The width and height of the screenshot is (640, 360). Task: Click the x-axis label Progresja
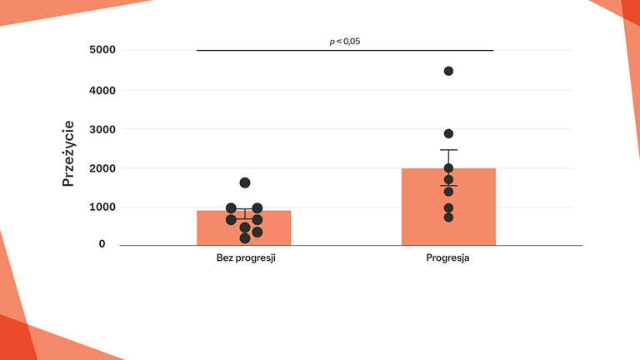click(x=448, y=258)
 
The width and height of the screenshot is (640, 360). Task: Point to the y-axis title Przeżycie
click(x=69, y=153)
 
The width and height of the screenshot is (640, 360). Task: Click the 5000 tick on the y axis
click(x=102, y=50)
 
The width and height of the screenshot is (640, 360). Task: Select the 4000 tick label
click(x=102, y=90)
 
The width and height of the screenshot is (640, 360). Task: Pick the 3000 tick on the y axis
click(x=102, y=129)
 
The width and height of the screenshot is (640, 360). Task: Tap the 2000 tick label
click(x=102, y=168)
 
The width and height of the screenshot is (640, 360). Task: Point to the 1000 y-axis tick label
click(x=102, y=207)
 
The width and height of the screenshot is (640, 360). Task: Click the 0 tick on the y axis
click(x=102, y=244)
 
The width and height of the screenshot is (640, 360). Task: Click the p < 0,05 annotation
click(x=345, y=40)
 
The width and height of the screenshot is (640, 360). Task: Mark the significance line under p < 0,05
click(x=345, y=50)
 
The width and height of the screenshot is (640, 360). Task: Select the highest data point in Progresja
click(x=448, y=71)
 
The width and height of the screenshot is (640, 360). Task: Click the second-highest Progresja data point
click(x=448, y=133)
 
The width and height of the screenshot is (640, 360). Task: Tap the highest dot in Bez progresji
click(x=245, y=182)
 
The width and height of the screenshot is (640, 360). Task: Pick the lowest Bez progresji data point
click(x=245, y=238)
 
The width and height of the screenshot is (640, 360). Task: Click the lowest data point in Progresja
click(x=448, y=217)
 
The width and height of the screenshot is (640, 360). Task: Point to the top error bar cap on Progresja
click(x=448, y=150)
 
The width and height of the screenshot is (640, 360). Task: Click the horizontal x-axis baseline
click(x=350, y=245)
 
